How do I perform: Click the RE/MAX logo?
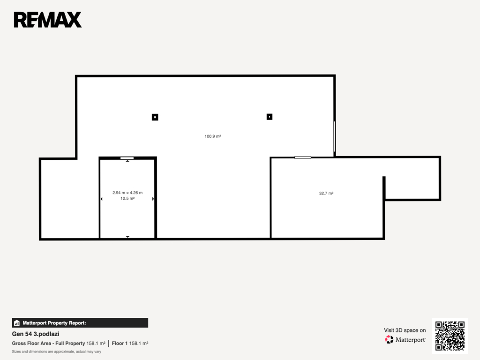click(48, 20)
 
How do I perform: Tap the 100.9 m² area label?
click(213, 136)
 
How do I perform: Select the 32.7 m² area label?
click(326, 193)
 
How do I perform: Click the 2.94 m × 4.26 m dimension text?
click(127, 193)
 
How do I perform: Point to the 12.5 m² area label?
click(127, 198)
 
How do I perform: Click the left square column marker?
click(155, 117)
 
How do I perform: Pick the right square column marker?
click(270, 117)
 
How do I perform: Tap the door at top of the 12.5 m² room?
click(127, 158)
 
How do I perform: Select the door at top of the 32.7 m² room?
click(303, 157)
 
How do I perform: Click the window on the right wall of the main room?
click(335, 136)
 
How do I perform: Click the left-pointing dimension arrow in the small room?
click(102, 199)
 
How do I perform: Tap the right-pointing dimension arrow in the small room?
click(153, 199)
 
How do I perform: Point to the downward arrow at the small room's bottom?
click(127, 237)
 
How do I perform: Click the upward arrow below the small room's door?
click(127, 161)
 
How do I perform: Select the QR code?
click(450, 336)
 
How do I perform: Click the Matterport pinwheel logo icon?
click(389, 339)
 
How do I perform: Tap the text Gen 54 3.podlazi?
click(36, 334)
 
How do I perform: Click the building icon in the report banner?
click(17, 323)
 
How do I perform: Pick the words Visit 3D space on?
click(405, 330)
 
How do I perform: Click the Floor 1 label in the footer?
click(120, 344)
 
